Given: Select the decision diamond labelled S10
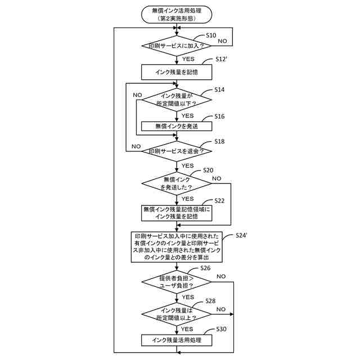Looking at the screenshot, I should [x=177, y=46].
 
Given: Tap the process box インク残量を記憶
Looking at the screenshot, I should [x=177, y=72].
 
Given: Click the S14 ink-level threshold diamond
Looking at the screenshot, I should [x=177, y=100].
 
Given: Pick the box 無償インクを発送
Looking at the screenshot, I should [x=177, y=127].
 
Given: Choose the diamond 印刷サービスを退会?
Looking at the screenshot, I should [x=177, y=151].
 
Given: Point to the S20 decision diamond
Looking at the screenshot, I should [x=177, y=183].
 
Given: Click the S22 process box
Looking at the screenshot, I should [x=177, y=213].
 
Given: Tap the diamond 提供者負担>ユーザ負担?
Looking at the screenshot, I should [x=177, y=281].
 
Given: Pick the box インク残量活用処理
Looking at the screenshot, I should [x=177, y=340].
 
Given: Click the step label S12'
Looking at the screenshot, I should [x=224, y=60].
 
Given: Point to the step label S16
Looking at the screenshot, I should [x=219, y=116].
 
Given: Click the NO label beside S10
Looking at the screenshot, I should [x=223, y=41].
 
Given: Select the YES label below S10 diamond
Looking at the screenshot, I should [x=188, y=58].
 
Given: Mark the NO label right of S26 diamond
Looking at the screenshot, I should [x=221, y=276].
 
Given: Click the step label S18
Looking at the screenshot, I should [x=219, y=142].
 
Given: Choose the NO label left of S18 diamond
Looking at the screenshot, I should [x=136, y=146].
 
